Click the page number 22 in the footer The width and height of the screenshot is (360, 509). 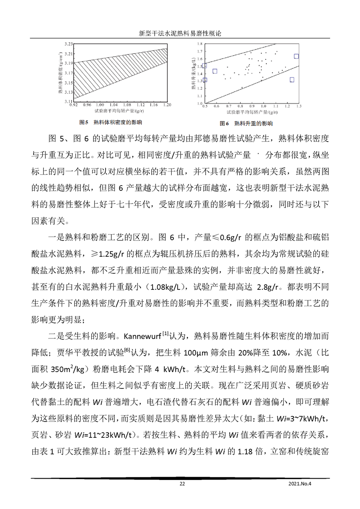pyautogui.click(x=182, y=484)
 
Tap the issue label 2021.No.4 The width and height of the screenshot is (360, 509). pyautogui.click(x=301, y=484)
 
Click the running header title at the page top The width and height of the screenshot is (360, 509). pyautogui.click(x=180, y=34)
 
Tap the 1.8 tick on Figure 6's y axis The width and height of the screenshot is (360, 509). pyautogui.click(x=198, y=44)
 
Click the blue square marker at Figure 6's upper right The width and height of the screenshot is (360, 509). pyautogui.click(x=296, y=56)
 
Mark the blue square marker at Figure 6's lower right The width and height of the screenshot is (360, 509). pyautogui.click(x=292, y=80)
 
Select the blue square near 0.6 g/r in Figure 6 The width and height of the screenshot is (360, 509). pyautogui.click(x=215, y=71)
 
